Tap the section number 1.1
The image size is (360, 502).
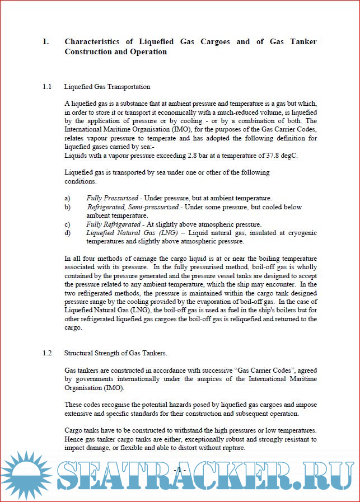click(47, 87)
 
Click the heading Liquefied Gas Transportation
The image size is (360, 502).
click(107, 87)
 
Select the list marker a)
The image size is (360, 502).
click(67, 198)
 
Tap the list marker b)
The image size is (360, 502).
click(67, 207)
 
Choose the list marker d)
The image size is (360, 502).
click(67, 233)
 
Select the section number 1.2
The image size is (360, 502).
click(47, 353)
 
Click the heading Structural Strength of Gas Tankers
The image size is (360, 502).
click(115, 353)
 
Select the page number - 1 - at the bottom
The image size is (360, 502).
click(180, 470)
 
